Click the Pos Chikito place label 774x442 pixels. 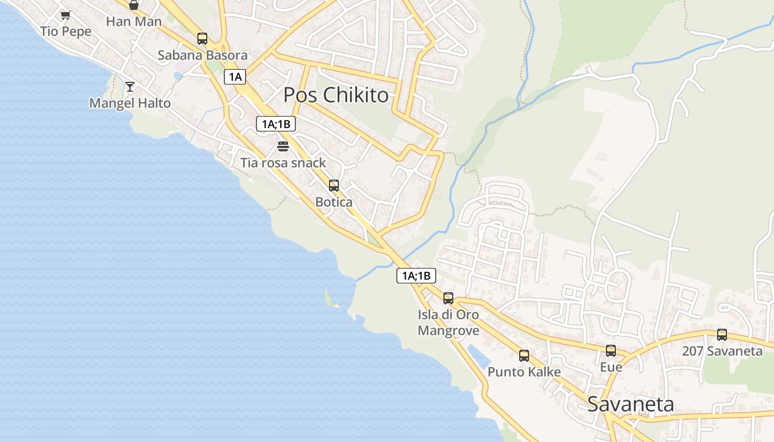[x=336, y=95]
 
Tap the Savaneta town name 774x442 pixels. [x=630, y=404]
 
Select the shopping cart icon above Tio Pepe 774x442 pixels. [x=66, y=15]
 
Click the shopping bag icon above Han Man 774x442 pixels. [x=134, y=6]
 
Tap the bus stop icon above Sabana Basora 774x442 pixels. [x=202, y=39]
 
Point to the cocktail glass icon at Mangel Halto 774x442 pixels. [x=130, y=86]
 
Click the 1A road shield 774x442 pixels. [x=235, y=77]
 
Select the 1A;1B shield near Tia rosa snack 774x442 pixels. [x=276, y=124]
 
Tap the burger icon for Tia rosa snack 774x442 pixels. [x=283, y=146]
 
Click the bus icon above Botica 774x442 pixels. [x=334, y=186]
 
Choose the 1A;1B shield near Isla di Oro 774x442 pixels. [x=416, y=276]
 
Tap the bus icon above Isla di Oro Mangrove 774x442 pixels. [x=448, y=298]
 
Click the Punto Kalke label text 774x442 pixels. [x=524, y=372]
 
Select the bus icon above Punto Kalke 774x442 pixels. [x=524, y=356]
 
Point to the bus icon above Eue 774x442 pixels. [x=611, y=351]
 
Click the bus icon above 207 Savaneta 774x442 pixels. [x=722, y=334]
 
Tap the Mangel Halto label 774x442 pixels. [x=130, y=103]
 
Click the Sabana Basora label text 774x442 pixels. [x=202, y=55]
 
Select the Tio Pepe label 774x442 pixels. [x=66, y=31]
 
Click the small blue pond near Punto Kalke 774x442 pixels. [x=479, y=356]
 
